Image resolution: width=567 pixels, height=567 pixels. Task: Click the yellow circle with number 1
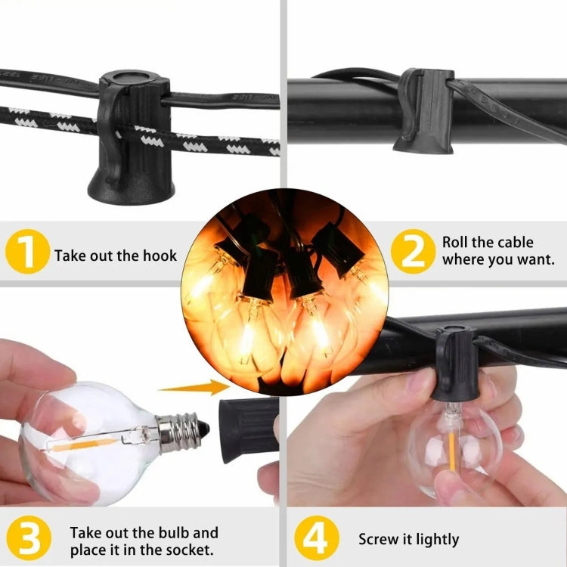pyautogui.click(x=27, y=251)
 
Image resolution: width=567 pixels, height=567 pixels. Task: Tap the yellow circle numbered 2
pyautogui.click(x=414, y=251)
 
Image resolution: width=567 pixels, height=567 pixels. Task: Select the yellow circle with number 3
pyautogui.click(x=29, y=538)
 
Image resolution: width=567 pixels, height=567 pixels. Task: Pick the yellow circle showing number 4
pyautogui.click(x=317, y=538)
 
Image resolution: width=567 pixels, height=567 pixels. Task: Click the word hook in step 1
pyautogui.click(x=160, y=256)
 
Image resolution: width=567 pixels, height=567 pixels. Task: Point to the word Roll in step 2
pyautogui.click(x=457, y=242)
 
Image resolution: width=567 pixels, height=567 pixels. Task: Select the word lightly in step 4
pyautogui.click(x=437, y=540)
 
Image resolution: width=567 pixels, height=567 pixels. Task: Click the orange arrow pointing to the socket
pyautogui.click(x=194, y=387)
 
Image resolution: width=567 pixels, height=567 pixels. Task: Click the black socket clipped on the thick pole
pyautogui.click(x=424, y=110)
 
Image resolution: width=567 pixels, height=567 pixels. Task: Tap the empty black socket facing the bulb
pyautogui.click(x=249, y=430)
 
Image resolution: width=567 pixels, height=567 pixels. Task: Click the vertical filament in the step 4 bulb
pyautogui.click(x=451, y=451)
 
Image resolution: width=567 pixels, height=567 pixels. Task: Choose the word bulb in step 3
pyautogui.click(x=172, y=533)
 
